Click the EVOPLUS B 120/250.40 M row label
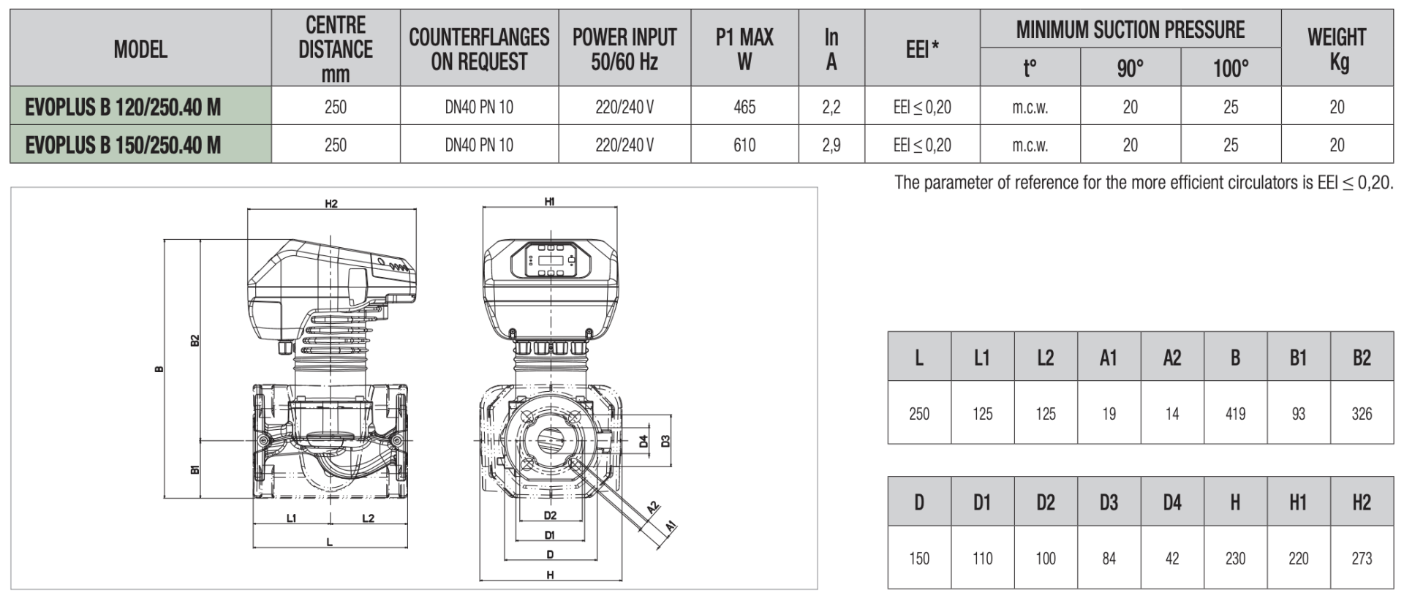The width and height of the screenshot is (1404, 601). click(123, 107)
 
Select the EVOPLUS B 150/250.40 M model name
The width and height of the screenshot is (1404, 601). click(123, 145)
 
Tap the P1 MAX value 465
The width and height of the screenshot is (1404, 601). click(744, 107)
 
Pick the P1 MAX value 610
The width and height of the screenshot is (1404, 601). click(744, 145)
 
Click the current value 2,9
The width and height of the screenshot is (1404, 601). click(831, 145)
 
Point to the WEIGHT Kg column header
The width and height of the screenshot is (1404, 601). click(1336, 48)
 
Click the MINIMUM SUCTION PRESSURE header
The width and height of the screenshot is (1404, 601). click(1130, 29)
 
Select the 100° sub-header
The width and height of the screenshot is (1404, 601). click(1231, 68)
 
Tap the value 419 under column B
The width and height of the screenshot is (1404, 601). click(1235, 414)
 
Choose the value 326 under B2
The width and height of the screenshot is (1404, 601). click(1362, 414)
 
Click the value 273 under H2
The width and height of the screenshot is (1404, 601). click(1362, 559)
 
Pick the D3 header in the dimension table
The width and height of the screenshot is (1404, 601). click(1109, 502)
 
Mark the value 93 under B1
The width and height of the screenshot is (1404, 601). click(1298, 414)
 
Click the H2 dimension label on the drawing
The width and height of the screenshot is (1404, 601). click(331, 203)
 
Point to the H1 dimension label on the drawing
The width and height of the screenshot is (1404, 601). click(550, 201)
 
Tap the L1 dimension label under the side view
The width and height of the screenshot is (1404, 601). click(291, 518)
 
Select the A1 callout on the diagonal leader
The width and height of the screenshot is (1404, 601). click(671, 525)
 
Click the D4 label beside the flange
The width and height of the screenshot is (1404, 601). click(643, 441)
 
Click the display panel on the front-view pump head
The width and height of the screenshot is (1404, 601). click(551, 260)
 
